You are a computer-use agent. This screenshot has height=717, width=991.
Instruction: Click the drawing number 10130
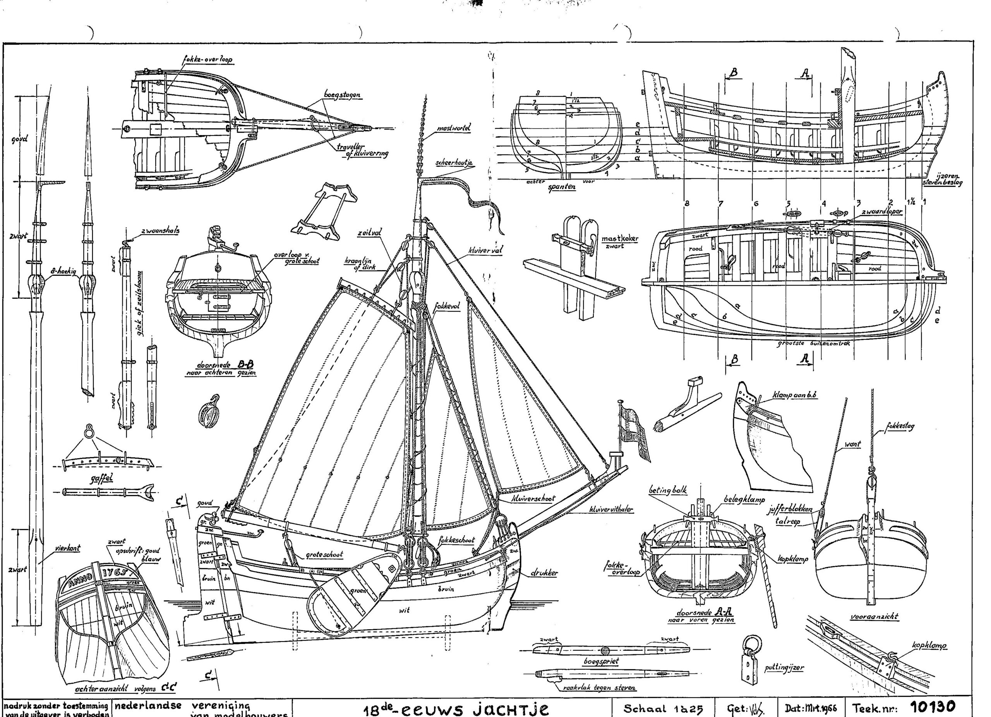coord(933,707)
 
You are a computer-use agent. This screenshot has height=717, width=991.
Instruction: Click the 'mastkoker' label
coord(620,239)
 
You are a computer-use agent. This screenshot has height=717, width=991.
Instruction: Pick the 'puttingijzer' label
coord(784,667)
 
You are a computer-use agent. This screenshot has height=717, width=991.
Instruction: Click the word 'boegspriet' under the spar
coord(601,661)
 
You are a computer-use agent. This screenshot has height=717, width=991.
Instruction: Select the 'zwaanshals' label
coord(160,231)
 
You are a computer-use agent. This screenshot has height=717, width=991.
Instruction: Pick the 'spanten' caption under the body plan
coord(562,187)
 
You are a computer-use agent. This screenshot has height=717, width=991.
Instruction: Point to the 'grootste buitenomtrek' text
coord(813,343)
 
